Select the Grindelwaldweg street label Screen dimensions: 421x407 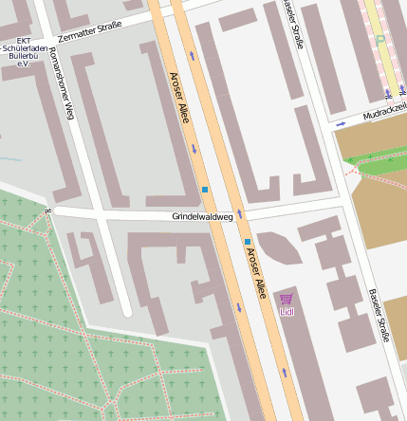click(x=202, y=216)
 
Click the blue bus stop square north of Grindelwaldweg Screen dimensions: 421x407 click(x=204, y=191)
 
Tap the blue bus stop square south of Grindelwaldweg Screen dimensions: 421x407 click(x=248, y=242)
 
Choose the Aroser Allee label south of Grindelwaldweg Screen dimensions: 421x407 click(x=254, y=273)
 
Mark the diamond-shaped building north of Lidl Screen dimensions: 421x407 click(x=279, y=247)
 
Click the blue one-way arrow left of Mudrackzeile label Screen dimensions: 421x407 click(x=341, y=123)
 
